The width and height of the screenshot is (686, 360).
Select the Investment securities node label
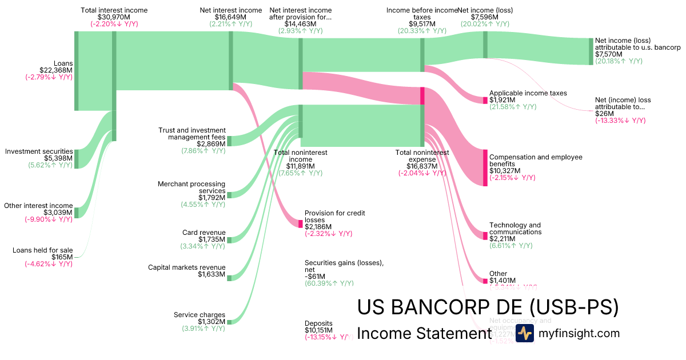point(39,151)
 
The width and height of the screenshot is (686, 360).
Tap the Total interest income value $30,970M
point(114,17)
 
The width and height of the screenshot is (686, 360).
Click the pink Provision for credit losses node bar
point(300,223)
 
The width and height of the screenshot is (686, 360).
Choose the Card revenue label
point(206,233)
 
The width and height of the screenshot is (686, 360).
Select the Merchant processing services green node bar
point(229,195)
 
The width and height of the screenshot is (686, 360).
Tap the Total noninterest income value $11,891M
point(299,166)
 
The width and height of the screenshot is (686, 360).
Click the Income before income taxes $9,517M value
point(422,24)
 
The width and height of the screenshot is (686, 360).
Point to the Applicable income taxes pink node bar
point(485,100)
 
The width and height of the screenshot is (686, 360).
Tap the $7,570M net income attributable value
point(608,54)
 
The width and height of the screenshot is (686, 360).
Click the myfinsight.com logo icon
point(524,333)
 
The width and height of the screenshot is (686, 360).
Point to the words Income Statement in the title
point(424,333)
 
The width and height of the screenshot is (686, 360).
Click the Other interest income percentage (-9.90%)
point(48,219)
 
